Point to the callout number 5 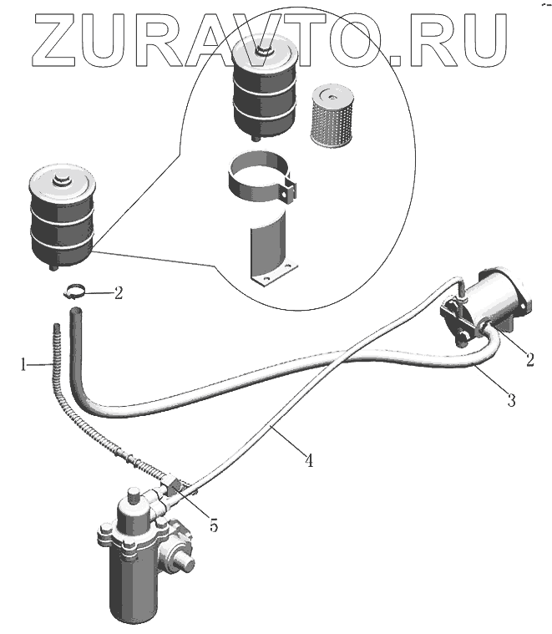pos(213,526)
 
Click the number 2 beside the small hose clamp pos(119,293)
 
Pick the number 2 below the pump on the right pos(529,361)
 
